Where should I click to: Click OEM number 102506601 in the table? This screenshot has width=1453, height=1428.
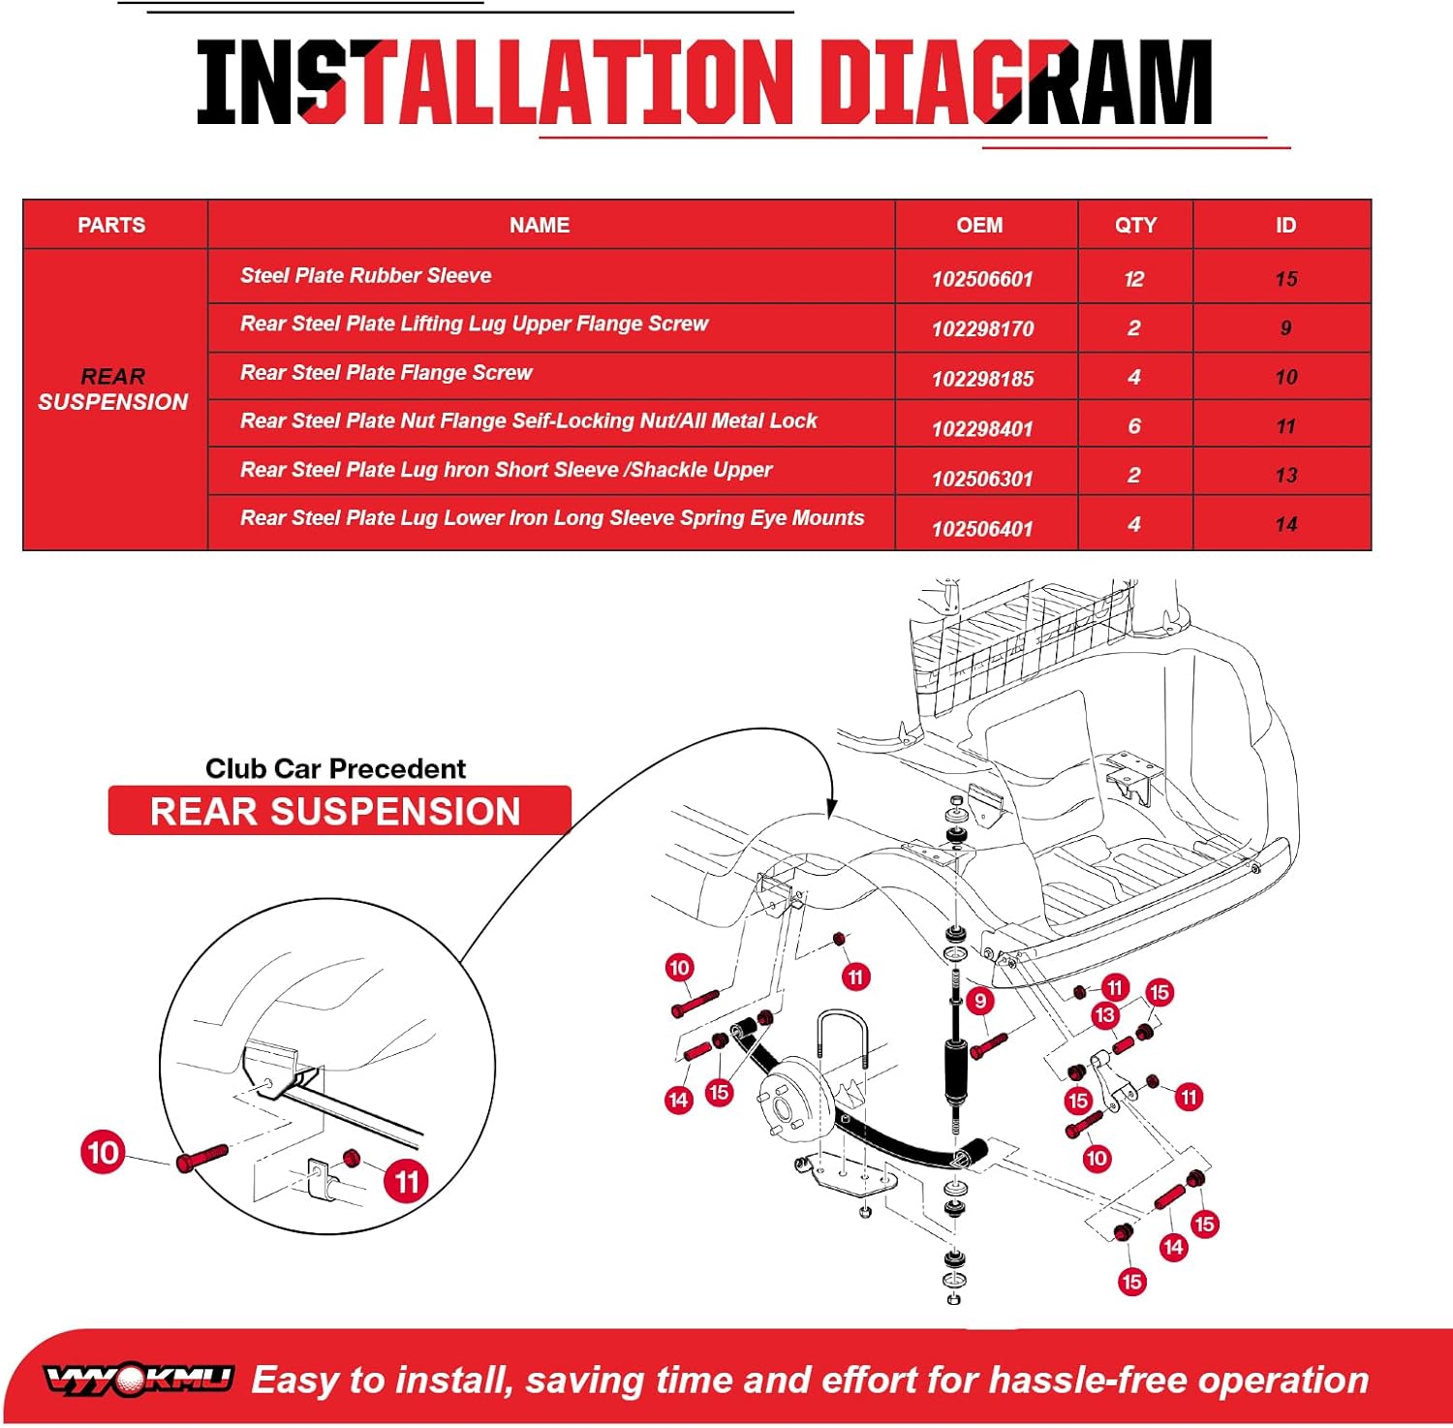coord(982,280)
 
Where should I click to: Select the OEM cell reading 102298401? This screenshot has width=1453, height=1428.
coord(982,428)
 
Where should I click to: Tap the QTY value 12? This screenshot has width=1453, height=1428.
coord(1134,280)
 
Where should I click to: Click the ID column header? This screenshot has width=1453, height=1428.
coord(1285,226)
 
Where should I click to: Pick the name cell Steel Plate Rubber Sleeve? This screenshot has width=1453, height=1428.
coord(365,276)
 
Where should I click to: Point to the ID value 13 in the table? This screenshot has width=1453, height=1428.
coord(1285,476)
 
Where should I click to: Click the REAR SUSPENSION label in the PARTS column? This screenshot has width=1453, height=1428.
coord(113,389)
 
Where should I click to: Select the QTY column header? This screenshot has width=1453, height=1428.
coord(1135,226)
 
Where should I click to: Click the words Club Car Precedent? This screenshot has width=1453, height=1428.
coord(335,768)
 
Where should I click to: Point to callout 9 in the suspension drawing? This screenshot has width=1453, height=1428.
coord(980,1001)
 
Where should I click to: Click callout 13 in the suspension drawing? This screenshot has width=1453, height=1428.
coord(1104,1015)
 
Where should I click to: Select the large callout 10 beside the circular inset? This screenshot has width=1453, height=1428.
coord(103,1152)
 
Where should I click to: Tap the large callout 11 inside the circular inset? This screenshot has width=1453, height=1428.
coord(406,1181)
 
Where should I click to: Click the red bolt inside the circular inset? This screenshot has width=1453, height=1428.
coord(201,1157)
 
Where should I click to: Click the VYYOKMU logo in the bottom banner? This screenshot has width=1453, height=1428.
coord(139,1379)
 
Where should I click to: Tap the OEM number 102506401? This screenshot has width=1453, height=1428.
coord(982,529)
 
